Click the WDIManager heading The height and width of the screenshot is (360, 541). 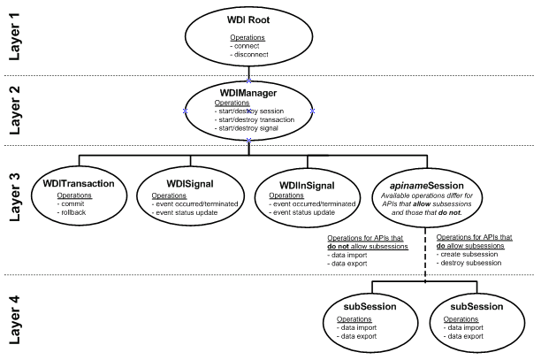click(x=251, y=92)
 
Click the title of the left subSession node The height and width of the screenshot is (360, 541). click(x=370, y=307)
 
